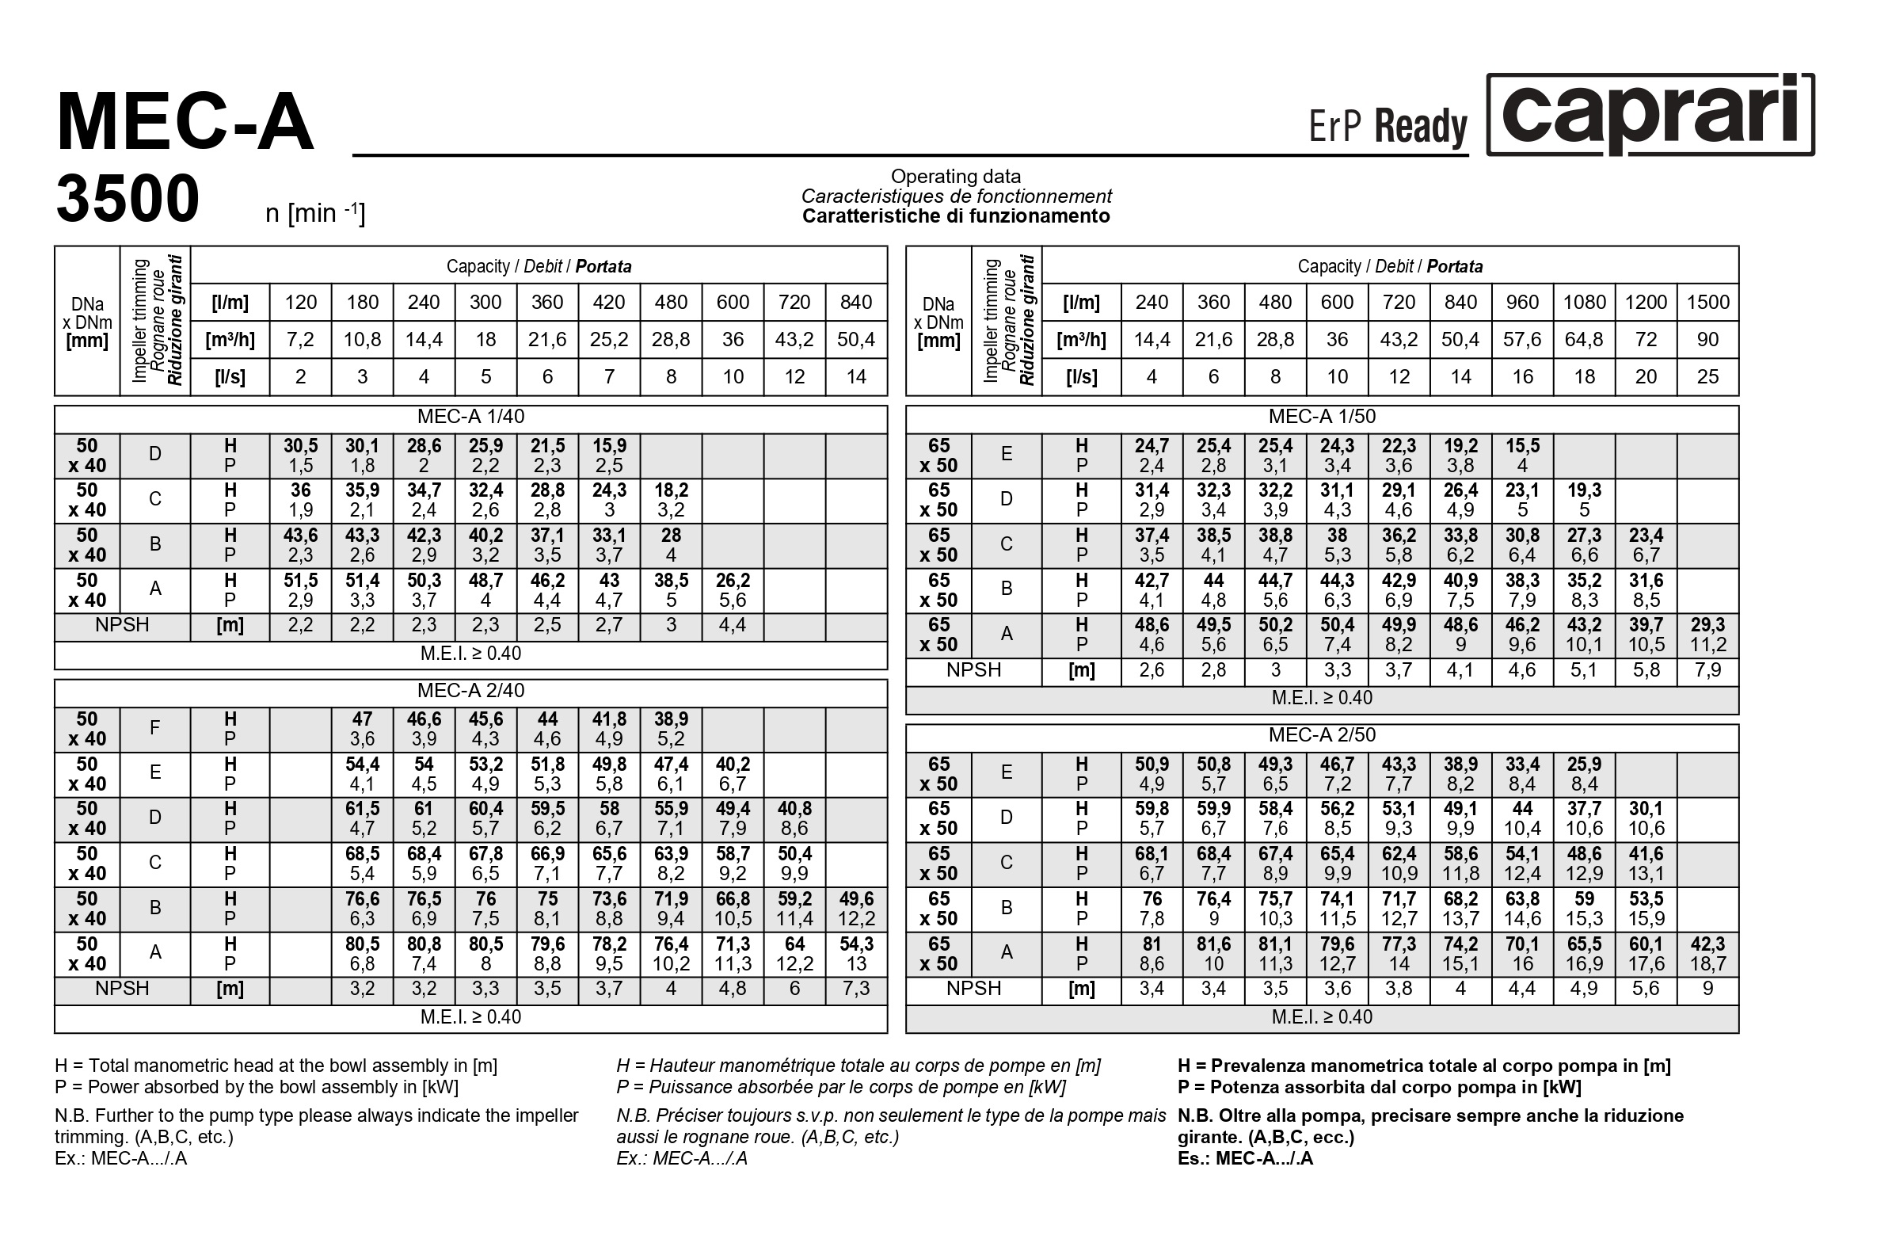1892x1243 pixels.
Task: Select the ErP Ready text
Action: pyautogui.click(x=1388, y=127)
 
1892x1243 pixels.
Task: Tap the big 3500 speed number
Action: pyautogui.click(x=128, y=198)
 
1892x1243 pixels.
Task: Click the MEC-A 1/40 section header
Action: pyautogui.click(x=470, y=417)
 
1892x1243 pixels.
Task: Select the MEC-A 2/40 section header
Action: pyautogui.click(x=470, y=690)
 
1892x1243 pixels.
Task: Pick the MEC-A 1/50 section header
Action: pyautogui.click(x=1321, y=417)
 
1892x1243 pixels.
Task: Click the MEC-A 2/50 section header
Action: pyautogui.click(x=1321, y=735)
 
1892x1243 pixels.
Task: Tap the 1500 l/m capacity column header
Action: pyautogui.click(x=1707, y=302)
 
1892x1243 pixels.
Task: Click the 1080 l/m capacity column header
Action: pyautogui.click(x=1585, y=302)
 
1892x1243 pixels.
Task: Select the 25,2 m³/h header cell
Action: pyautogui.click(x=609, y=340)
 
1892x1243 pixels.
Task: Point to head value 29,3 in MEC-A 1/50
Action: pyautogui.click(x=1707, y=625)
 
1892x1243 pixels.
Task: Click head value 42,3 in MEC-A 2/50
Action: pyautogui.click(x=1707, y=944)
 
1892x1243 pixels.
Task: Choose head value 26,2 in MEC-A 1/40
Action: pyautogui.click(x=732, y=581)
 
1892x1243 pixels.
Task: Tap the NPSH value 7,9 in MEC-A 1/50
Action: pyautogui.click(x=1707, y=670)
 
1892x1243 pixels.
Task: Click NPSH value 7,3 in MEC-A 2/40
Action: pyautogui.click(x=856, y=989)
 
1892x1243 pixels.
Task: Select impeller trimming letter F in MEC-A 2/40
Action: pyautogui.click(x=155, y=728)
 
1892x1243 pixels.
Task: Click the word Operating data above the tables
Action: pyautogui.click(x=956, y=177)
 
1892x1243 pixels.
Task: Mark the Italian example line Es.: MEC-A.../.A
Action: pyautogui.click(x=1245, y=1158)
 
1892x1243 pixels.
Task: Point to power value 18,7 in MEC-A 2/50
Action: pyautogui.click(x=1707, y=964)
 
